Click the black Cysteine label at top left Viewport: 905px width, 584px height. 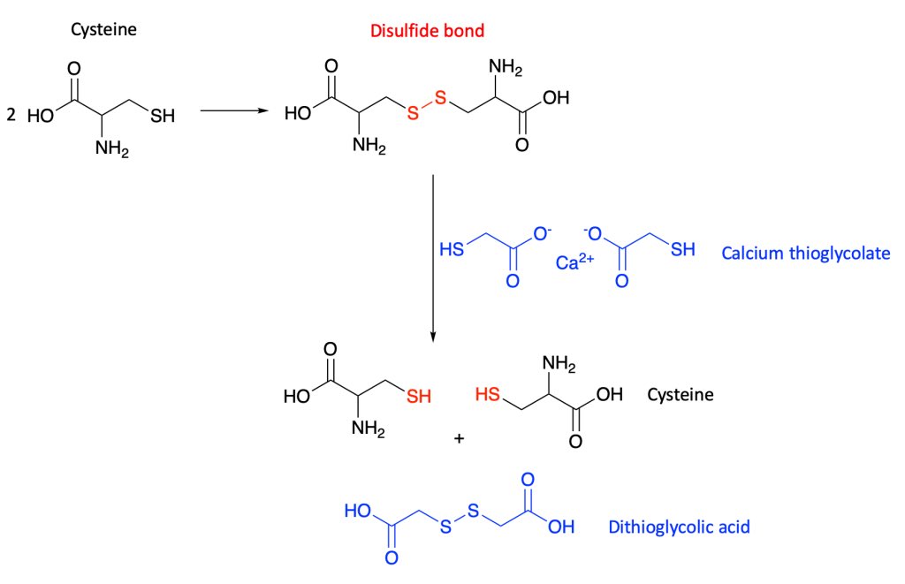(103, 31)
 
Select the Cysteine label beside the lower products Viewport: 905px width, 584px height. (680, 394)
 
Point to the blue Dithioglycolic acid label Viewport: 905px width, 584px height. (679, 527)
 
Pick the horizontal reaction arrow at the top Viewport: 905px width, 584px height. (233, 111)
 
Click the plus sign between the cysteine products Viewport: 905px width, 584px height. (459, 436)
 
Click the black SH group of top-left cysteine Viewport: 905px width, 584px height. (163, 117)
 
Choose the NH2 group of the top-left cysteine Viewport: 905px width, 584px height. (112, 150)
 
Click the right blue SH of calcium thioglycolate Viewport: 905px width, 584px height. (682, 250)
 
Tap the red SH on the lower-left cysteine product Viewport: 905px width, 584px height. (418, 397)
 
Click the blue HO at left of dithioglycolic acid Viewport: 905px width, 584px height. (357, 512)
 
